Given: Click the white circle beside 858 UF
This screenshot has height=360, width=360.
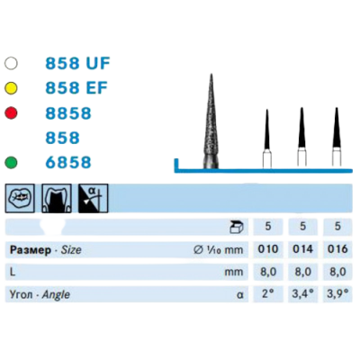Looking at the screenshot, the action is click(11, 63).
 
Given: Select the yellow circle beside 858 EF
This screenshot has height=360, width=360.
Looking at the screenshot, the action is click(11, 88).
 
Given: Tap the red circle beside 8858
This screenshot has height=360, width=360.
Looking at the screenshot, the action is click(11, 113).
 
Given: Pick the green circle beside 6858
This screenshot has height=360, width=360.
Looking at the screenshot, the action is click(11, 162).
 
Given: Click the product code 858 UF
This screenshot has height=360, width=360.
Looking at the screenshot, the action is click(77, 63).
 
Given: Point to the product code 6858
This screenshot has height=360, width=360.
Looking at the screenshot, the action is click(68, 162).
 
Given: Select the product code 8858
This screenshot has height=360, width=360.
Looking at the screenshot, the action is click(68, 113).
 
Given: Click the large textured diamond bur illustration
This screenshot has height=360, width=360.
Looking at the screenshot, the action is click(211, 121).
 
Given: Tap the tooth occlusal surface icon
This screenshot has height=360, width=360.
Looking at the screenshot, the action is click(20, 198).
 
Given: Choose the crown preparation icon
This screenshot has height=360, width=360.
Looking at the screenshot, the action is click(57, 198).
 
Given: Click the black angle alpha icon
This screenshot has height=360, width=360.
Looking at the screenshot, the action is click(93, 198).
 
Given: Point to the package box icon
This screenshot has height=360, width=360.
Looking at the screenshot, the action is click(237, 227).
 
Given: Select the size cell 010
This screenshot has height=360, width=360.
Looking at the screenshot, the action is click(268, 249).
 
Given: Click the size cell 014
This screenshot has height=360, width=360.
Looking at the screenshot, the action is click(302, 249).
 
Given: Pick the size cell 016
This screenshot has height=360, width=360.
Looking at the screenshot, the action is click(337, 249).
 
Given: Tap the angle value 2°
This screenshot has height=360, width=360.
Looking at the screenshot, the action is click(268, 293).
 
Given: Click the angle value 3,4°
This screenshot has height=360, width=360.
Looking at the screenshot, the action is click(302, 293).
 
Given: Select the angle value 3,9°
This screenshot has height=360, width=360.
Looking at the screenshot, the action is click(337, 293).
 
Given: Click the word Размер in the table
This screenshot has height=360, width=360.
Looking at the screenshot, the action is click(31, 250).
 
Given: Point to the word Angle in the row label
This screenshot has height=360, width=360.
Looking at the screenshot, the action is click(56, 295).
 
